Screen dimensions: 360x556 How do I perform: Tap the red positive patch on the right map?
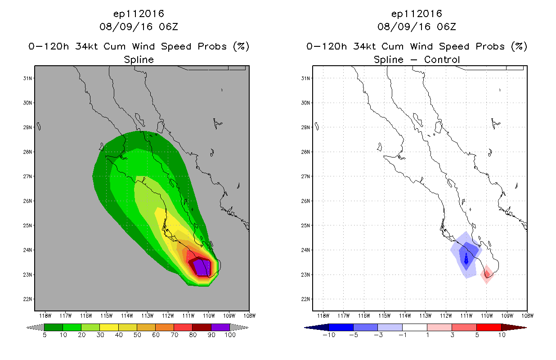tap(487, 274)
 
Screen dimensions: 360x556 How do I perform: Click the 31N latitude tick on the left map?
tap(28, 78)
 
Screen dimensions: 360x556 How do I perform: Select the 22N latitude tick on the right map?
tap(306, 299)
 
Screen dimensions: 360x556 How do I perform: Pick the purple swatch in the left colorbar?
tap(220, 328)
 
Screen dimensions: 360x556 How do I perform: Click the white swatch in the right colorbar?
tap(415, 328)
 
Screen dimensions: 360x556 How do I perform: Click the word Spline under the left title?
tap(139, 59)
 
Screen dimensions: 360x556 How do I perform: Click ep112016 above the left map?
tap(139, 14)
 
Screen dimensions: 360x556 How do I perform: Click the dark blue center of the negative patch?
tap(466, 259)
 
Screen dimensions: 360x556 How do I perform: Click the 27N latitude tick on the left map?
tap(28, 176)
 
